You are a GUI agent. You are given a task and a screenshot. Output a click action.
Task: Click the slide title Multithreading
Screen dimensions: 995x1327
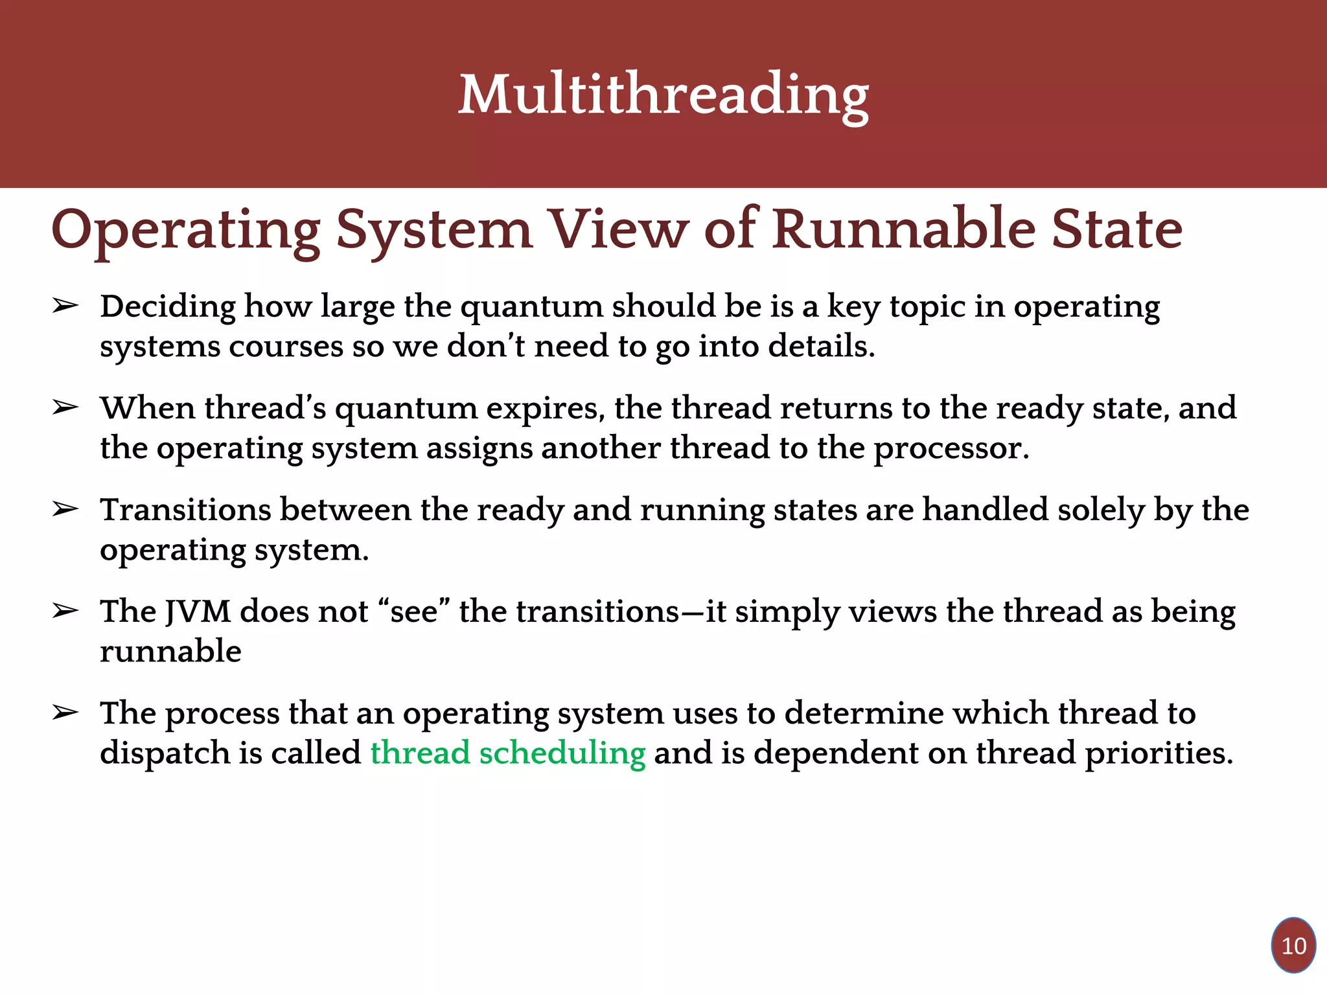(x=663, y=96)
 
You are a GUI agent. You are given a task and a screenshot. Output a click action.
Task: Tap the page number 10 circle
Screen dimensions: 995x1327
(x=1293, y=946)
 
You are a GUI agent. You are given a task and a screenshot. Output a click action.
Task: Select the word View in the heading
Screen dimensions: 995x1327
(x=619, y=230)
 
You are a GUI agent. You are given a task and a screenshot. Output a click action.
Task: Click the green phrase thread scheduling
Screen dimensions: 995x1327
(x=508, y=753)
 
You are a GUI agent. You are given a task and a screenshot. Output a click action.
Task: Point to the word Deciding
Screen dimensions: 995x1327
(x=167, y=307)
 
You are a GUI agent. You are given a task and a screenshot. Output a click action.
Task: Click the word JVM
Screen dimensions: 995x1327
(x=198, y=612)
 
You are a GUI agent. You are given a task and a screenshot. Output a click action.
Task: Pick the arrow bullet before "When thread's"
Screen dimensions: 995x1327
(x=65, y=408)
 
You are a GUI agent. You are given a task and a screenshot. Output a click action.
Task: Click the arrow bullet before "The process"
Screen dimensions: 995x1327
(x=65, y=713)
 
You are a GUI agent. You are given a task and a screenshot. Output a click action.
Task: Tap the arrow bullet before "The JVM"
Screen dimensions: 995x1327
(x=65, y=611)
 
